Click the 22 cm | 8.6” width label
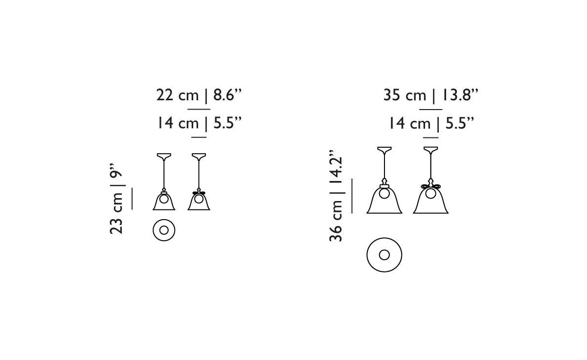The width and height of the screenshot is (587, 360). (x=200, y=95)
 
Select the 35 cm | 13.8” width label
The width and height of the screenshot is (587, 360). (x=430, y=95)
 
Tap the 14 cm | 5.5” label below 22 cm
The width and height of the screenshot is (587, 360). (x=200, y=123)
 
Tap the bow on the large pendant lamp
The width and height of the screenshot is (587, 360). (x=430, y=187)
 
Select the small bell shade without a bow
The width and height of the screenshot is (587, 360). (x=164, y=201)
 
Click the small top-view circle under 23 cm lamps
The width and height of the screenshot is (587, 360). (x=164, y=229)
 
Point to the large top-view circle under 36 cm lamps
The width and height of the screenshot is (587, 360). (x=384, y=255)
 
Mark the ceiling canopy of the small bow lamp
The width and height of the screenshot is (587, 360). (x=199, y=157)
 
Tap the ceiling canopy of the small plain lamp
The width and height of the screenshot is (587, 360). (x=164, y=157)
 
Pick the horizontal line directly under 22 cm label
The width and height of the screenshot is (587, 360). (x=199, y=109)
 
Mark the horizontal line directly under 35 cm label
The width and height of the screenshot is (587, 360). (x=431, y=109)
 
